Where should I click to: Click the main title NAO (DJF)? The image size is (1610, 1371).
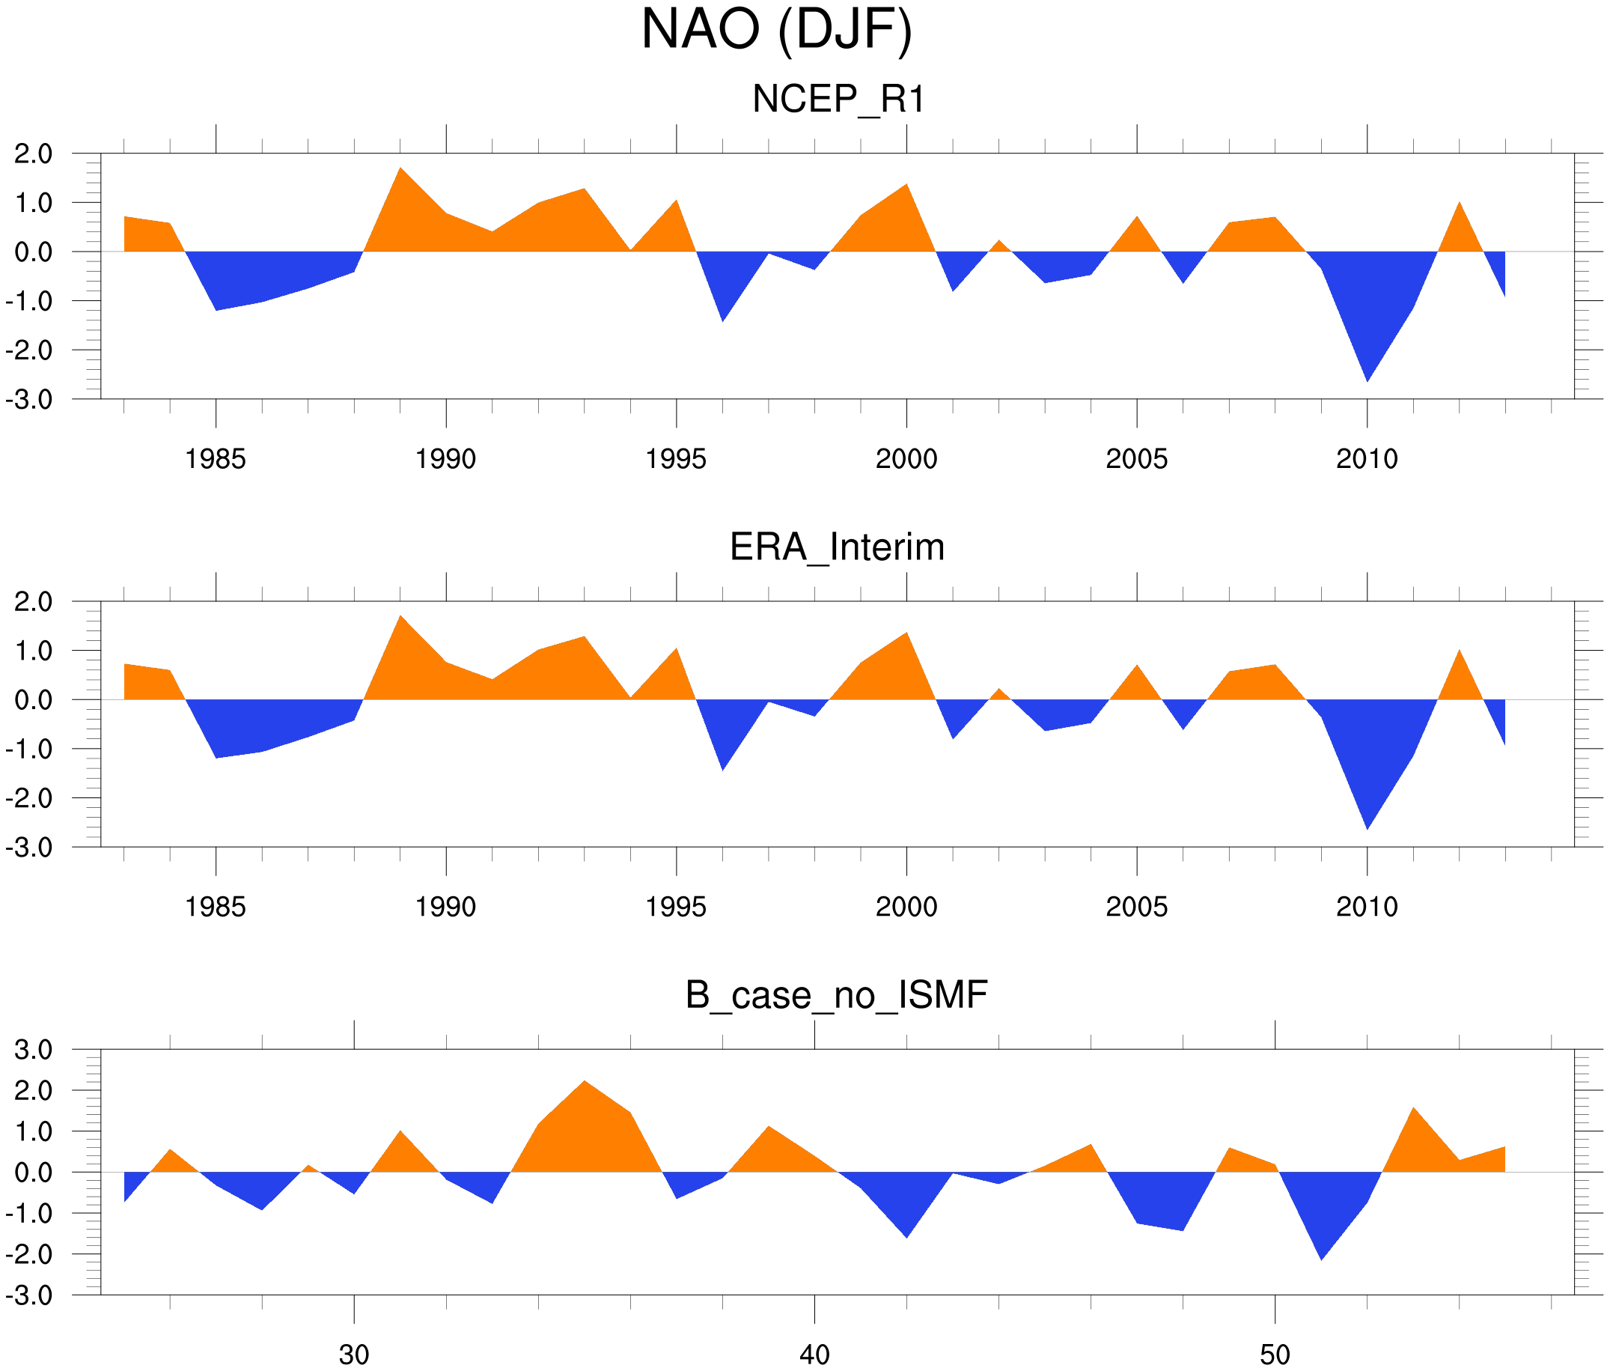point(776,31)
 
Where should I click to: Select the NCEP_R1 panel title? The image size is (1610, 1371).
point(838,100)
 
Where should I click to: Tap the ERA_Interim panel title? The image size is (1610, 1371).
point(837,547)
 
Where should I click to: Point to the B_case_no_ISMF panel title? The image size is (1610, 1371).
point(836,995)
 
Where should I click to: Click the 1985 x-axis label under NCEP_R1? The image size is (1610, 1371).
point(216,459)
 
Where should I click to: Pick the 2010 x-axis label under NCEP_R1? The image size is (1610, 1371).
point(1367,459)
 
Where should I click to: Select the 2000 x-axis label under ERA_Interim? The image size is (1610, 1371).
point(906,907)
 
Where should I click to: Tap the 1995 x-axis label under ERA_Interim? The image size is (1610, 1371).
point(676,907)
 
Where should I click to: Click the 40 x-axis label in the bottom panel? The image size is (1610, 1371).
point(814,1355)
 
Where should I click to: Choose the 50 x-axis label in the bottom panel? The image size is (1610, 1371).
point(1275,1355)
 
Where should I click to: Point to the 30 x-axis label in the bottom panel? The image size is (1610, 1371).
point(354,1355)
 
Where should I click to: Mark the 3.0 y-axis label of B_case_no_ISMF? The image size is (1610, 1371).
point(34,1050)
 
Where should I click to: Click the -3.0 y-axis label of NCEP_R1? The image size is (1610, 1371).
point(28,401)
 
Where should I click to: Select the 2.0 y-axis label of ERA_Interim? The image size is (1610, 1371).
point(34,601)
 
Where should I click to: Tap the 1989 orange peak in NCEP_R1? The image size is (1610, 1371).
point(400,168)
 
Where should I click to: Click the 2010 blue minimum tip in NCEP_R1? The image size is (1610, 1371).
point(1367,380)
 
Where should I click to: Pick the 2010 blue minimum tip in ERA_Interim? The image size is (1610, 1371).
point(1367,828)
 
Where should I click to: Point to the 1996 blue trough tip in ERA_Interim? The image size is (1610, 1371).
point(722,769)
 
